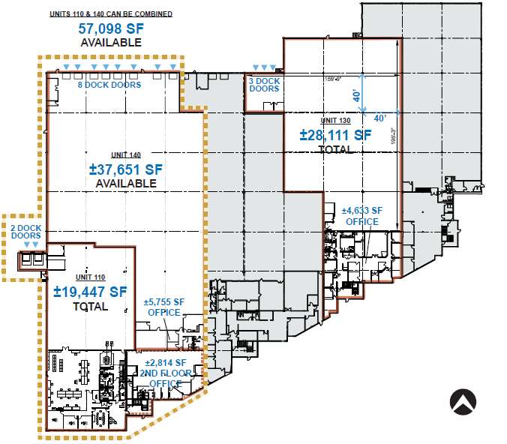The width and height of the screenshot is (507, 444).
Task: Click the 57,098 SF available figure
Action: click(x=111, y=28)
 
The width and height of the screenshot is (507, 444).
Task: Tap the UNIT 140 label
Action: click(x=126, y=155)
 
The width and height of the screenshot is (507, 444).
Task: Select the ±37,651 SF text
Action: click(x=126, y=169)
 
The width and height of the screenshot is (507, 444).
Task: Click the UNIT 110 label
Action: click(x=90, y=277)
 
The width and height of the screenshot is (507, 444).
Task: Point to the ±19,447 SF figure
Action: click(x=90, y=292)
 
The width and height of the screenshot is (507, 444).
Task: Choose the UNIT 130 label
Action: click(x=335, y=120)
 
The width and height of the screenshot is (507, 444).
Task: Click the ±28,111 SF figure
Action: click(x=336, y=135)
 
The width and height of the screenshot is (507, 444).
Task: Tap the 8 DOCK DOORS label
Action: click(x=109, y=85)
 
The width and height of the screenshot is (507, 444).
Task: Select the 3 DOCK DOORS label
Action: click(x=264, y=85)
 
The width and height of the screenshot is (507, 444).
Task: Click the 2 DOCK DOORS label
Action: click(x=25, y=232)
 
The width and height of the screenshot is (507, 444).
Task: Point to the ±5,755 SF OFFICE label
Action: click(x=164, y=307)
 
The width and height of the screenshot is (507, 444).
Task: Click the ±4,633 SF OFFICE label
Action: click(x=362, y=216)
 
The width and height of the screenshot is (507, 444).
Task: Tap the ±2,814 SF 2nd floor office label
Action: click(x=166, y=373)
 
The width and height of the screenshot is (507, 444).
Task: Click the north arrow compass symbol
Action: click(x=463, y=402)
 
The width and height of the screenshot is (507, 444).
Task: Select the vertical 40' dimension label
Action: click(x=356, y=96)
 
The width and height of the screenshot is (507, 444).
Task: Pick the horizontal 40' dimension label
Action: click(x=380, y=118)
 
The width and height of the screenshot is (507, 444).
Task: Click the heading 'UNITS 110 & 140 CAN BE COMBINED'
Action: click(x=111, y=14)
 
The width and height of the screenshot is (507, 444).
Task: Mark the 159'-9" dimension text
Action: click(x=333, y=79)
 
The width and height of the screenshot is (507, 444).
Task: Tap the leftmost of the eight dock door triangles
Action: click(x=66, y=67)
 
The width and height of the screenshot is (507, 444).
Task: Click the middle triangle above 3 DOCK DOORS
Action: click(x=264, y=67)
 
